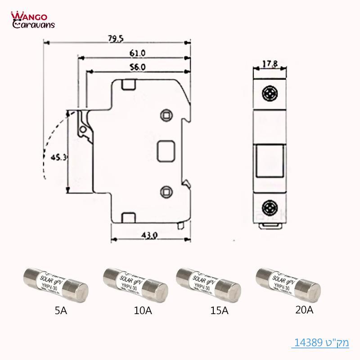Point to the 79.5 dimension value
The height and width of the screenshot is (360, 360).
click(x=116, y=39)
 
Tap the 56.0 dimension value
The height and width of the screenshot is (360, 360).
click(x=138, y=67)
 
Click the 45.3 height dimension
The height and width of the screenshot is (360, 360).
click(x=59, y=157)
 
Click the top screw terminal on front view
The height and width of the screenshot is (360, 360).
click(x=270, y=94)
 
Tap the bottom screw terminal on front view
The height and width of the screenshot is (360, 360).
click(x=270, y=208)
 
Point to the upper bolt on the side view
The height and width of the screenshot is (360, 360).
click(x=166, y=115)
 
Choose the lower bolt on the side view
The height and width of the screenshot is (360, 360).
click(x=166, y=191)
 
